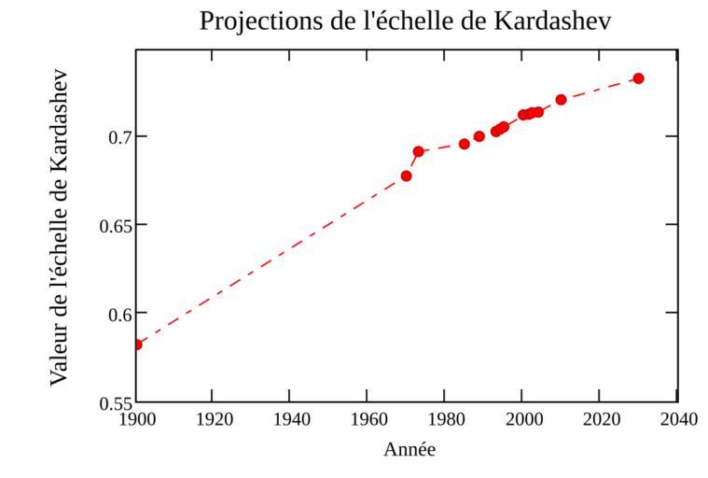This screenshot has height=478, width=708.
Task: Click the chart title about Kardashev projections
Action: click(x=406, y=21)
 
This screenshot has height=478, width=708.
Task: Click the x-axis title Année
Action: click(x=410, y=450)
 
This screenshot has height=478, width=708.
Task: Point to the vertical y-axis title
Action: click(x=59, y=226)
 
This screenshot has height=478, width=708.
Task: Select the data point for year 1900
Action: click(x=137, y=344)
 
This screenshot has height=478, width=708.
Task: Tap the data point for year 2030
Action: click(x=638, y=78)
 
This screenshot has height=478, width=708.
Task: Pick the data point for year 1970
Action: click(x=407, y=176)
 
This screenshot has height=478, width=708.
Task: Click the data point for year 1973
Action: click(x=419, y=151)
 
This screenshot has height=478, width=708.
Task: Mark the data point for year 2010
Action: click(x=561, y=100)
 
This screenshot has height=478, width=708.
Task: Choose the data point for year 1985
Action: click(x=465, y=144)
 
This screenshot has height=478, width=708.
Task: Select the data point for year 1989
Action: click(x=479, y=136)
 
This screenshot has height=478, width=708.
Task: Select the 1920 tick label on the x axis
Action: click(x=213, y=419)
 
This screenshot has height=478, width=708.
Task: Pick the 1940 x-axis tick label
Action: click(x=290, y=419)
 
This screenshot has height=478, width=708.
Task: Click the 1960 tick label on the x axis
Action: click(x=368, y=419)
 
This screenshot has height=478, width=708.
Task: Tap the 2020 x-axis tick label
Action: click(x=600, y=419)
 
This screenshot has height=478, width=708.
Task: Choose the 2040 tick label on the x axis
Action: click(x=677, y=419)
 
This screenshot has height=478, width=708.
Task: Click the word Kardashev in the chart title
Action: click(x=543, y=21)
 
